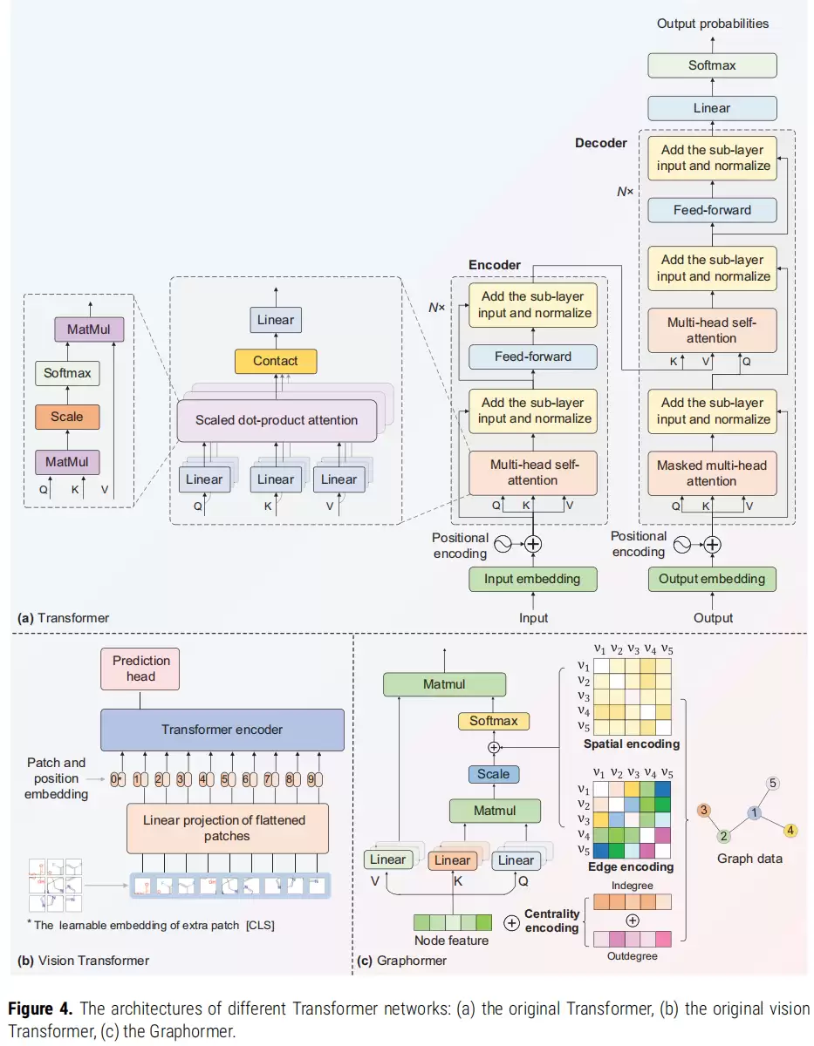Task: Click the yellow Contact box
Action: pos(276,361)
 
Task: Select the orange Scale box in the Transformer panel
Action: pos(67,417)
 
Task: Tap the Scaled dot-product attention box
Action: pos(277,420)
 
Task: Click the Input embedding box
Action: pos(533,579)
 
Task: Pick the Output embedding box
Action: pos(712,579)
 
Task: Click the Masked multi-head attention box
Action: pos(712,473)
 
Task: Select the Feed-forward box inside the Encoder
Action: pos(533,357)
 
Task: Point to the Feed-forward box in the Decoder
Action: pos(712,210)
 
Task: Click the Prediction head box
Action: pos(140,669)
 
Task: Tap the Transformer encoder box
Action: pos(222,730)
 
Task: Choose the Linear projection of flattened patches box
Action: pos(228,828)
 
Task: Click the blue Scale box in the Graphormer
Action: pos(494,774)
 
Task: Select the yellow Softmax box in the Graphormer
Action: pos(494,721)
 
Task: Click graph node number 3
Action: pos(704,810)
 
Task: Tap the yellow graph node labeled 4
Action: pos(790,831)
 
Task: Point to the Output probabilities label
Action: pos(713,24)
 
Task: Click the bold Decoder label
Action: pos(600,143)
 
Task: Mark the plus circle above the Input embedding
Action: pos(533,544)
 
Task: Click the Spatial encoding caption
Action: pos(632,744)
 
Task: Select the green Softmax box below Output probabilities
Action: pos(712,65)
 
